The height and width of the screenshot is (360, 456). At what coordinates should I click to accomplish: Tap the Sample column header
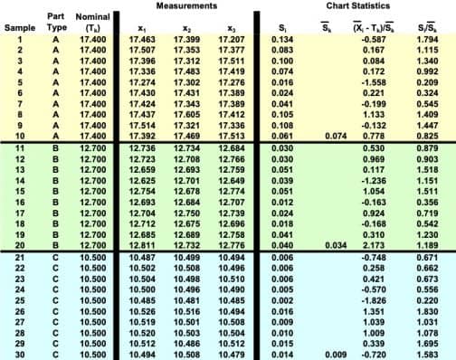coord(19,28)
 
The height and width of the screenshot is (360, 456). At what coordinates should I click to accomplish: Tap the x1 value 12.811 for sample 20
coord(142,244)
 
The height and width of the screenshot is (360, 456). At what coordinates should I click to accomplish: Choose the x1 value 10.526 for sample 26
coord(142,310)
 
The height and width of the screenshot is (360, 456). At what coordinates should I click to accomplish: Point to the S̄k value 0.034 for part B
coord(332,244)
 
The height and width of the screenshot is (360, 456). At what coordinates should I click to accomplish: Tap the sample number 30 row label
coord(19,354)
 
